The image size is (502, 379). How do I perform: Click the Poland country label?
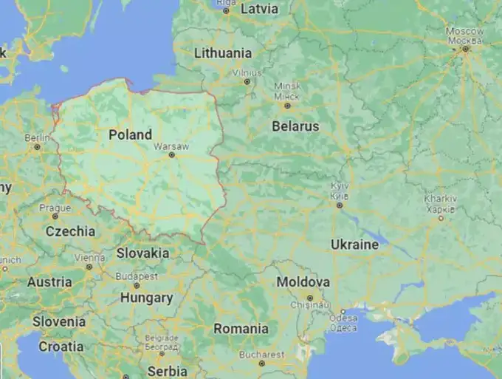[x=130, y=135]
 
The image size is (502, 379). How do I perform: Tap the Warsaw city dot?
[x=172, y=155]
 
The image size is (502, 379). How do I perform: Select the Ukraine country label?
[x=355, y=245]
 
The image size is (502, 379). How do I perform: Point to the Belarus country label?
[x=295, y=126]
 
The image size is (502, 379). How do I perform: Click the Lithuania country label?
[x=222, y=53]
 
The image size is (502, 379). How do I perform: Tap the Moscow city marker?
[x=466, y=49]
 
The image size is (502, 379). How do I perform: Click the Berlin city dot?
[x=37, y=147]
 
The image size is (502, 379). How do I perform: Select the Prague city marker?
[x=55, y=217]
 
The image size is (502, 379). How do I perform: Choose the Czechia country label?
[x=70, y=231]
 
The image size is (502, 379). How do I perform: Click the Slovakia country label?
[x=142, y=253]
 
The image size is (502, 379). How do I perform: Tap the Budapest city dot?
[x=136, y=285]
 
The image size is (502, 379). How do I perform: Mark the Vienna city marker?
[x=89, y=267]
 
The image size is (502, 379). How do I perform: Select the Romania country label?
[x=241, y=329]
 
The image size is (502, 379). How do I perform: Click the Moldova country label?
[x=303, y=282]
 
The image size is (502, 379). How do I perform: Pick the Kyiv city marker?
[x=340, y=205]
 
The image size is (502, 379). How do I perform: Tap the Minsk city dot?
[x=287, y=106]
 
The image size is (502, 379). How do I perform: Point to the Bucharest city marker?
[x=261, y=363]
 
